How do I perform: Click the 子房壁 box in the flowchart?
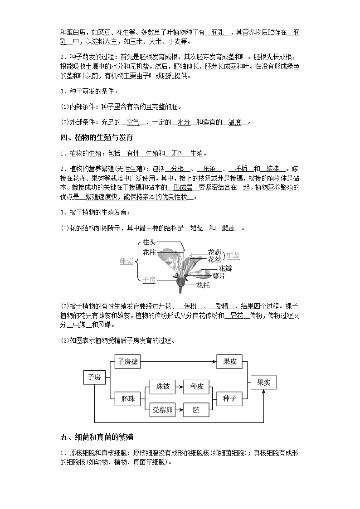tap(128, 361)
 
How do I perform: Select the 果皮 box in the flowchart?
tap(230, 361)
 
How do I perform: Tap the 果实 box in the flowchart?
tap(263, 382)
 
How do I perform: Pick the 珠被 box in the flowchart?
tap(162, 387)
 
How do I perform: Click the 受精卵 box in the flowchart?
tap(162, 410)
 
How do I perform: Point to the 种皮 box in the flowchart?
tap(196, 387)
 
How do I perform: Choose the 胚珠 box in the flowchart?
tap(128, 398)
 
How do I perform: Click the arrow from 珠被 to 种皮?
tap(179, 387)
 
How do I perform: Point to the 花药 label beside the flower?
tap(214, 252)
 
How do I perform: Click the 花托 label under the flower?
tap(203, 286)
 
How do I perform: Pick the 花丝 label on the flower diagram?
tap(214, 259)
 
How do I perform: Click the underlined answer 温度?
tap(234, 122)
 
